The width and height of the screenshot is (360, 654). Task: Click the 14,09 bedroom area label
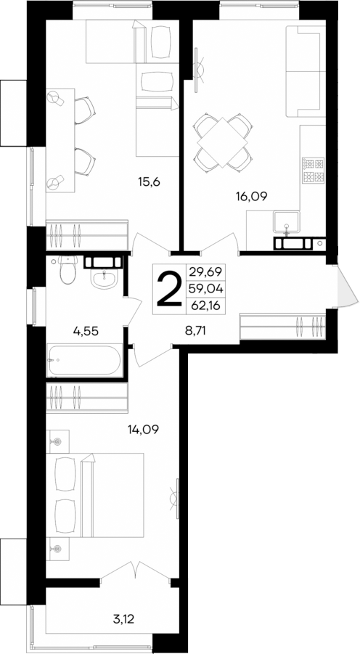tap(143, 428)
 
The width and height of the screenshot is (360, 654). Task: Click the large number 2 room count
tap(168, 289)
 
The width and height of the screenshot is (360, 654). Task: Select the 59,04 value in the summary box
tap(206, 288)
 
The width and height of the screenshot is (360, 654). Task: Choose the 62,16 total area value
tap(206, 305)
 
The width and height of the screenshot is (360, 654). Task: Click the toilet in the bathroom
tap(67, 271)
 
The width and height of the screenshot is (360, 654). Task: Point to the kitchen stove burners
tap(313, 170)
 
